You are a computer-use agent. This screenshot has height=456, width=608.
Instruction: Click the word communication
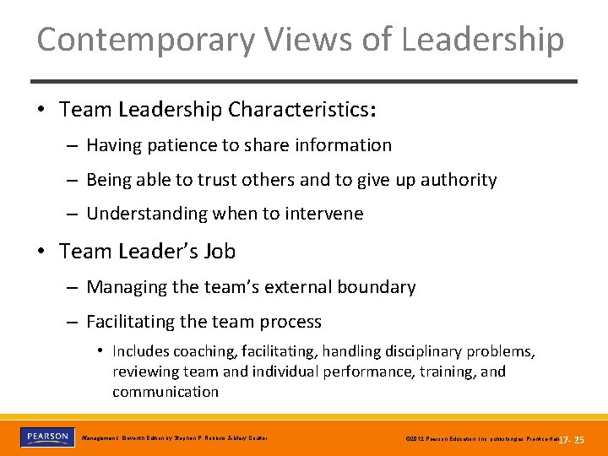[166, 392]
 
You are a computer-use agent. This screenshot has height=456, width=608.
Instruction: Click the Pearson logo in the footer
[47, 437]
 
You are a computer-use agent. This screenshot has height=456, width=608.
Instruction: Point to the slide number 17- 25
[572, 440]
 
